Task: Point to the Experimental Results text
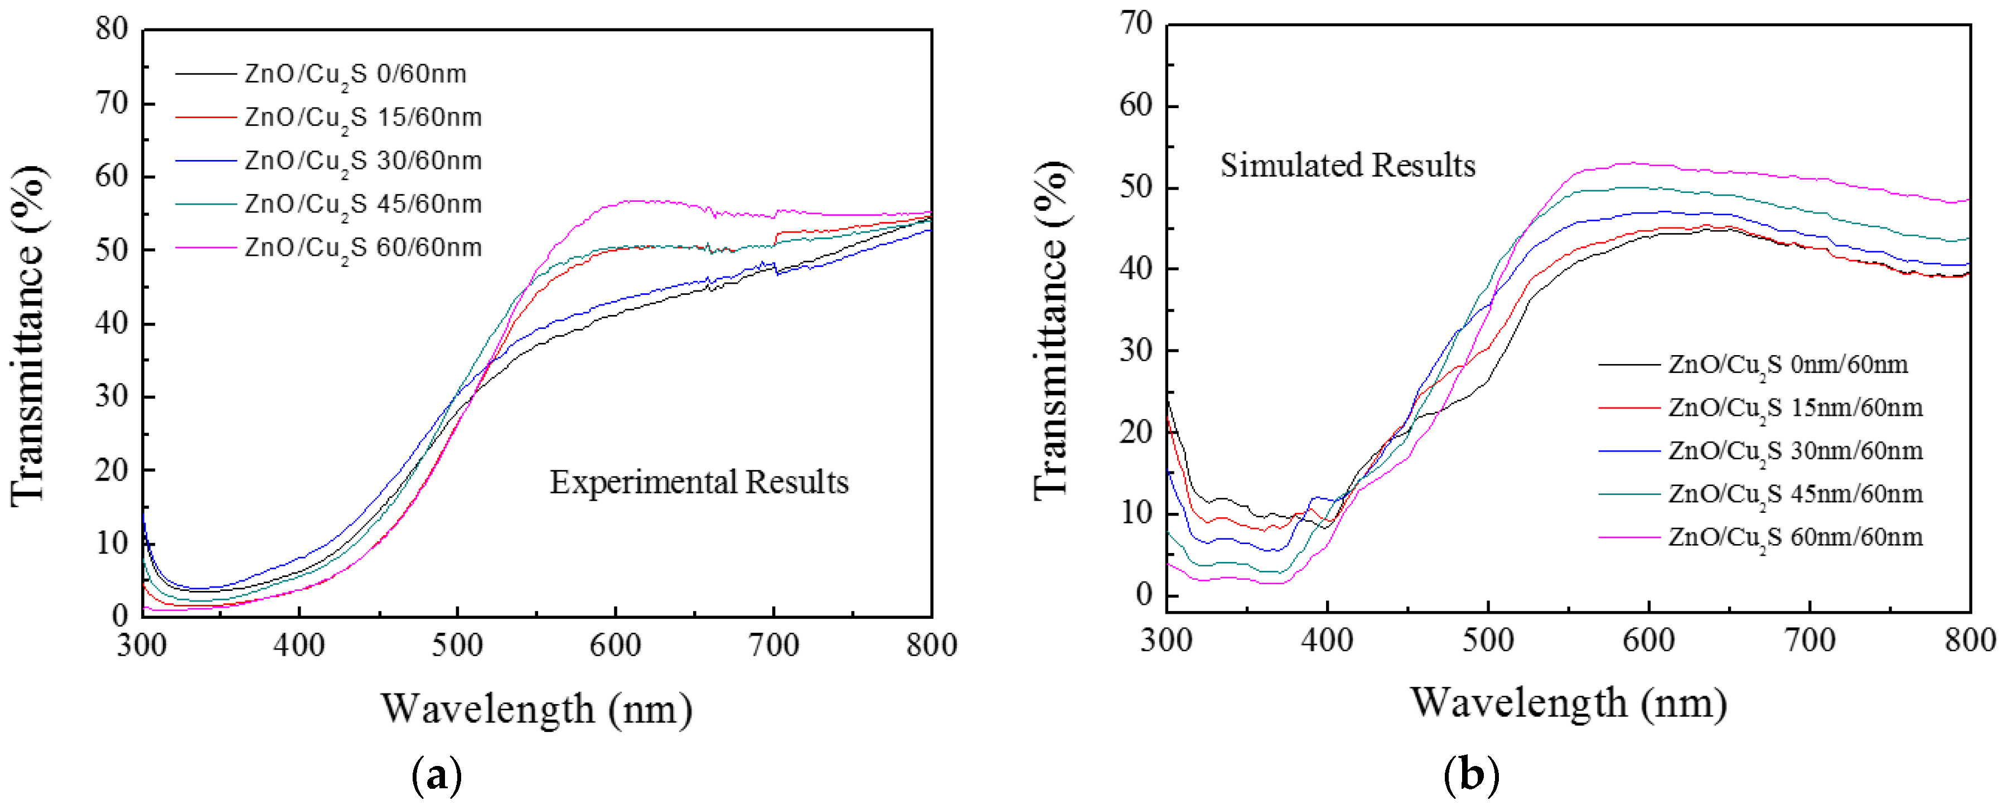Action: point(699,482)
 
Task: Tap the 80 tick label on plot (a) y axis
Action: point(111,29)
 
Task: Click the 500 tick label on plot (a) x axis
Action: point(457,645)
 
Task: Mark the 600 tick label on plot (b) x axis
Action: point(1648,641)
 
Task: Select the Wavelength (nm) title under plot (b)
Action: point(1569,703)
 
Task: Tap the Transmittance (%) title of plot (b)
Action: point(1051,331)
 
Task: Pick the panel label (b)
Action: point(1470,775)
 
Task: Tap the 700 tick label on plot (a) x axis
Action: point(773,645)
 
